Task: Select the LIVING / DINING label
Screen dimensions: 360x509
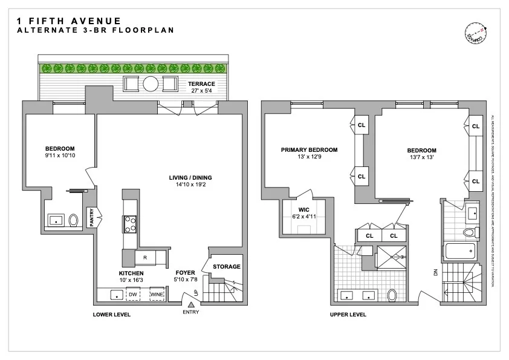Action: pyautogui.click(x=190, y=177)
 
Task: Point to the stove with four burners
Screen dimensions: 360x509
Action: pyautogui.click(x=129, y=224)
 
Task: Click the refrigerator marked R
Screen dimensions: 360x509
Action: pyautogui.click(x=145, y=258)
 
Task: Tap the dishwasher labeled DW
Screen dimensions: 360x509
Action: pyautogui.click(x=133, y=295)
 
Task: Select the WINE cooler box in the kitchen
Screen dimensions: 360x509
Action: pyautogui.click(x=157, y=295)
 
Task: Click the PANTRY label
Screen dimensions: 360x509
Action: pyautogui.click(x=92, y=218)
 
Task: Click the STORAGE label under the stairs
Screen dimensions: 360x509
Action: pyautogui.click(x=227, y=266)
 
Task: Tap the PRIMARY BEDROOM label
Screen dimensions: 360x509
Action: pyautogui.click(x=309, y=150)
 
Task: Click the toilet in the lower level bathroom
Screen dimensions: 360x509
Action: pyautogui.click(x=74, y=220)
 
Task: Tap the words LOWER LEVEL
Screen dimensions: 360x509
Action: pyautogui.click(x=111, y=315)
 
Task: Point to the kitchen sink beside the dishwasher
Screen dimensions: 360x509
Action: pyautogui.click(x=114, y=295)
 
